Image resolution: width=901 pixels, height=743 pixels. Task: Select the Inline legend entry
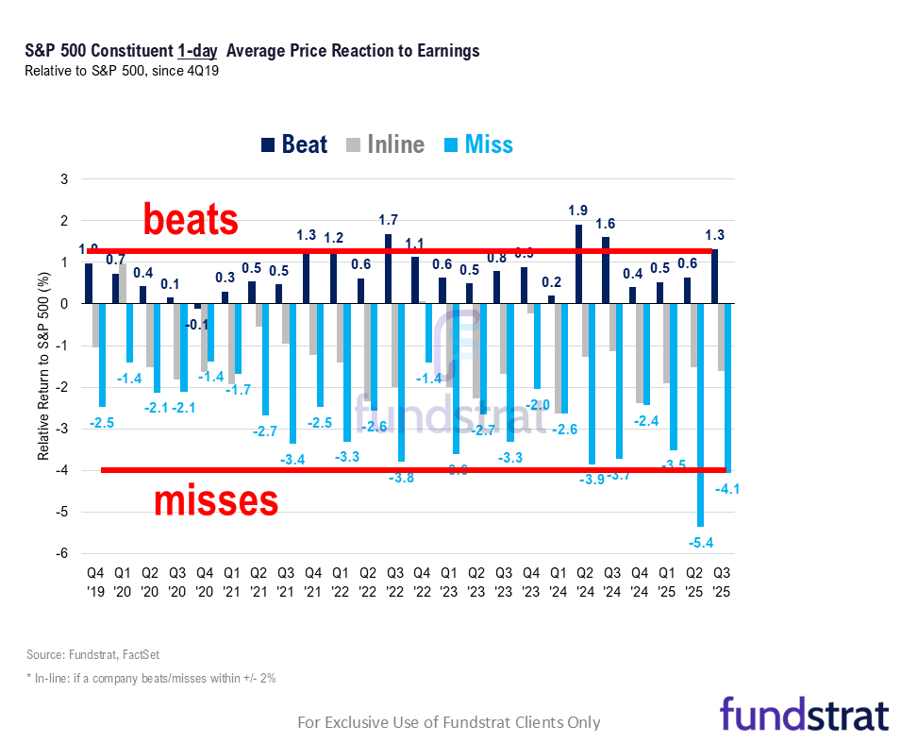click(386, 144)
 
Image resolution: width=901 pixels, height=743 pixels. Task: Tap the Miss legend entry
click(477, 144)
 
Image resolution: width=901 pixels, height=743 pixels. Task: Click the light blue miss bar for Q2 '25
click(699, 414)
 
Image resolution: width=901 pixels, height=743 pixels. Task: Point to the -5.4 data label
click(699, 542)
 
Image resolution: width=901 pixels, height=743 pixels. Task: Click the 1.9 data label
click(578, 211)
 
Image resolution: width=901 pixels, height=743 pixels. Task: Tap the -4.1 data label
click(727, 488)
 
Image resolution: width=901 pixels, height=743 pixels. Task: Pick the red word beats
click(191, 220)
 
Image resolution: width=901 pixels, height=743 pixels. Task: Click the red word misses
click(215, 500)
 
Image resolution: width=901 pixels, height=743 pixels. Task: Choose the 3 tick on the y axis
click(64, 179)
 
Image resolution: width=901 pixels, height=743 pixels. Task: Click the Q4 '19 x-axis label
click(95, 581)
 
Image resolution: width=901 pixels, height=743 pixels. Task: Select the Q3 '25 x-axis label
click(722, 581)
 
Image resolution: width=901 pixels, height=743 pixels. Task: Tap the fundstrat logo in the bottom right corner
click(804, 713)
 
